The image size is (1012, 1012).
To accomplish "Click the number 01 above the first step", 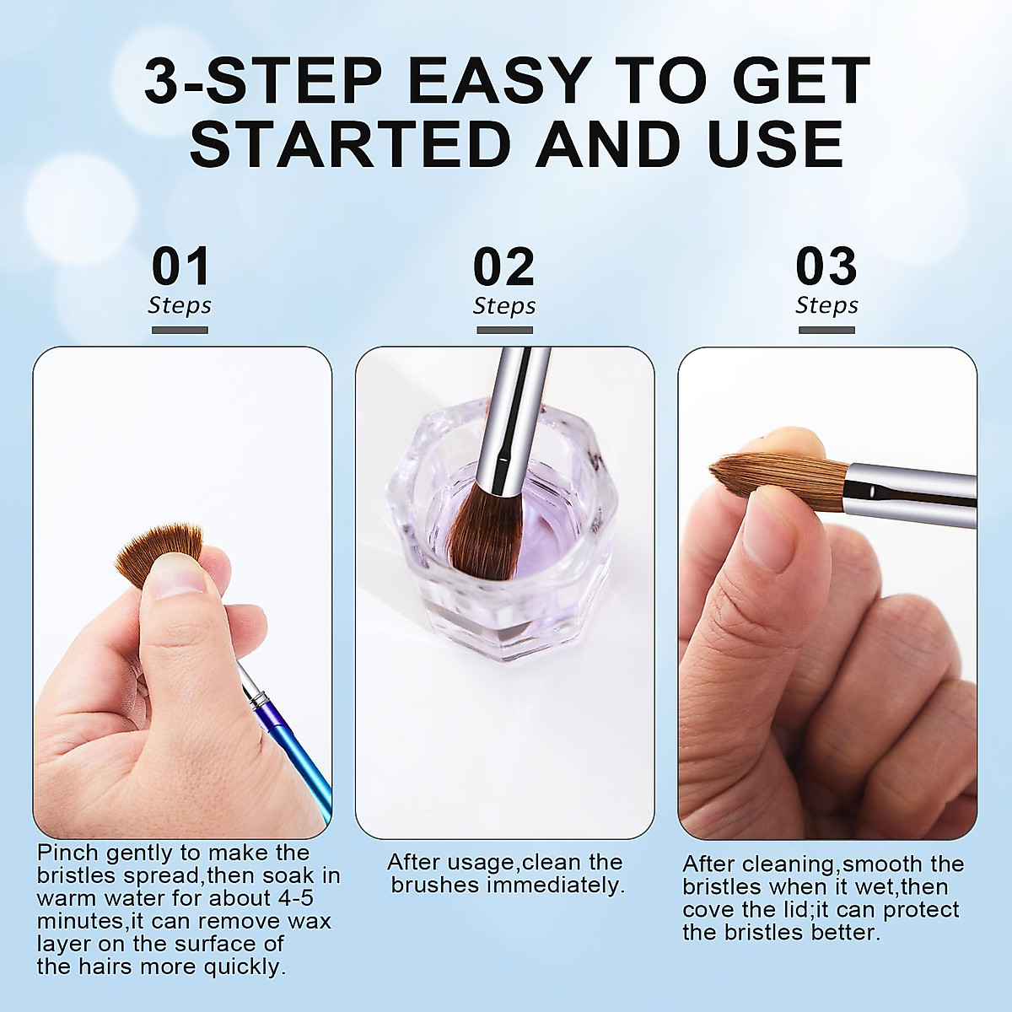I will coord(180,267).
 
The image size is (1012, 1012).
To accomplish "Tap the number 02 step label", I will coord(503,267).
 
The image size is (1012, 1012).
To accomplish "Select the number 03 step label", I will coord(826,267).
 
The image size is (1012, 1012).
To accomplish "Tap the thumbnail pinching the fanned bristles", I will coord(176,582).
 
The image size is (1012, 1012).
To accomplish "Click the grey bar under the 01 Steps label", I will coord(180,330).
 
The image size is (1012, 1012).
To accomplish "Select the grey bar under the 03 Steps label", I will coord(826,330).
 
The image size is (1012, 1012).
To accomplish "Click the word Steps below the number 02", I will coord(504,306).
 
